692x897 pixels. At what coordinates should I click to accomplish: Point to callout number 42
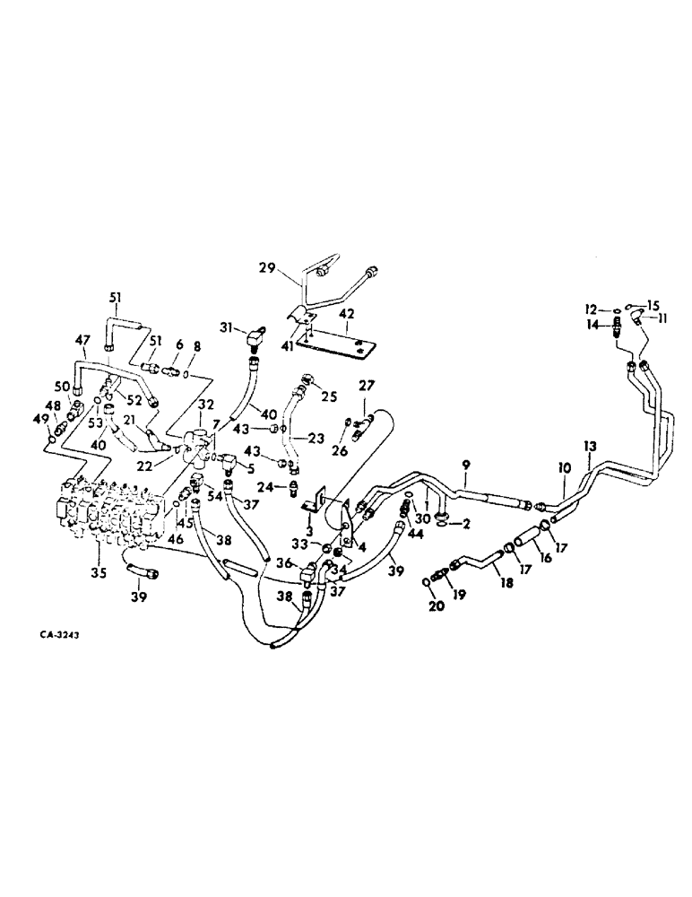347,314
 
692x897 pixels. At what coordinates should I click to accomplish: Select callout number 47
82,340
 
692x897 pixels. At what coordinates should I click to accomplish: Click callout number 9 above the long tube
466,464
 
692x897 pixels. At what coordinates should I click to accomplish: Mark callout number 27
366,387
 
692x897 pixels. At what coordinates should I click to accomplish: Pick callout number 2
466,524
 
